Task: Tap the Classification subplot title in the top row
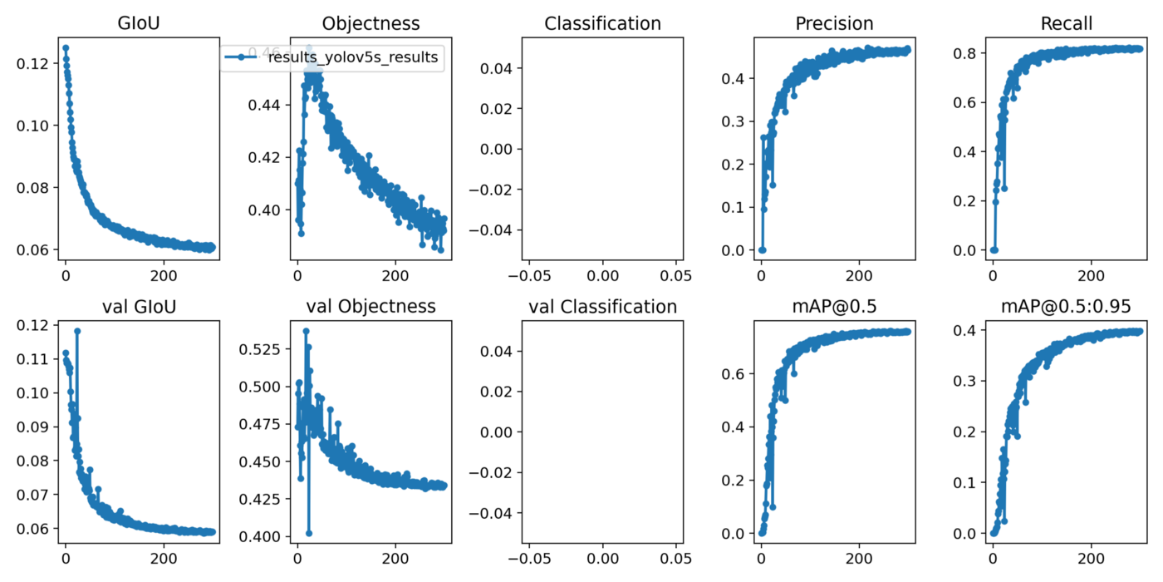(602, 23)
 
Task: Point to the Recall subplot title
(1066, 23)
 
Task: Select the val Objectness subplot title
(370, 307)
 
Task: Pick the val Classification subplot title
(602, 307)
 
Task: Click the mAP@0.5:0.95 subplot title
(1066, 307)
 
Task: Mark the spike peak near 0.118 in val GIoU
(77, 331)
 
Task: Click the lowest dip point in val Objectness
(309, 533)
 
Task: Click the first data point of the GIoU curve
(66, 47)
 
